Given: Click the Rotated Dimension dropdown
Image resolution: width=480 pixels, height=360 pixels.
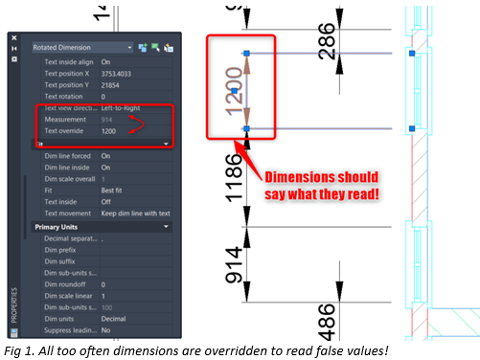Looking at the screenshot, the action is [x=81, y=46].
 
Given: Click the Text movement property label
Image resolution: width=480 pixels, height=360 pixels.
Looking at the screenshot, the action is [x=66, y=214].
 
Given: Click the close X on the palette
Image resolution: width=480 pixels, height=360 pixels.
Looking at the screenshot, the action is [x=13, y=37].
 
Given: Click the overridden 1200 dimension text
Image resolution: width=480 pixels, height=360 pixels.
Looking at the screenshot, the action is [x=233, y=90].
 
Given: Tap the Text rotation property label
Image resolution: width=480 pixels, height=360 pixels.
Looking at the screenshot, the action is [x=64, y=97].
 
